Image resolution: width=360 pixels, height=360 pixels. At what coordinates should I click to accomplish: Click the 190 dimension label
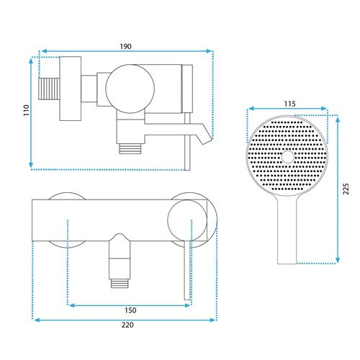126,46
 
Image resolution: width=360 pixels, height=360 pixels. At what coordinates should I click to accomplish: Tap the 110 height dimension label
26,110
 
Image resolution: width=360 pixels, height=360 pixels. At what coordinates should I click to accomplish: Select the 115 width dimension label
289,104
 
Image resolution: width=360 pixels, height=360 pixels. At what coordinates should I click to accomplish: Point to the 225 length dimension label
346,189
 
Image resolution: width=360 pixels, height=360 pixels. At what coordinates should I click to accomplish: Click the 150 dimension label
130,310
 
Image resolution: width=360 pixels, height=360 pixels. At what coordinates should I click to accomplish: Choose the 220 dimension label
127,325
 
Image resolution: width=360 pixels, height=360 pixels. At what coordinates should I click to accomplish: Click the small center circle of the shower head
288,157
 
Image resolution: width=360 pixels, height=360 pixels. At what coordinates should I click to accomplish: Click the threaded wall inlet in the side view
49,89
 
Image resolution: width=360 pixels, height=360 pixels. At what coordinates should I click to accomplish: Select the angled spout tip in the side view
205,137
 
